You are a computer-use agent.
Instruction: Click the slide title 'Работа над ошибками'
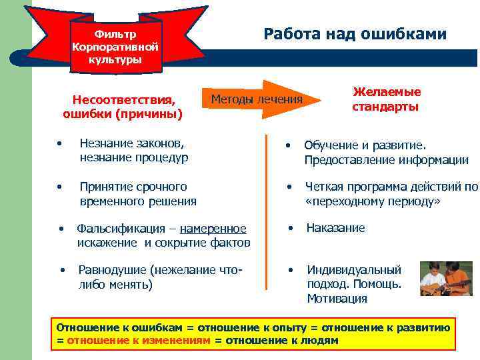click(355, 34)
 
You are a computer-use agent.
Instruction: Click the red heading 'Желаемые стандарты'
click(386, 99)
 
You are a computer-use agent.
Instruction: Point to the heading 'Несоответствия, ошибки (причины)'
click(123, 107)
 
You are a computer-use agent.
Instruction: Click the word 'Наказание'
click(335, 228)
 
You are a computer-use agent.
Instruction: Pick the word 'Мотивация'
click(337, 299)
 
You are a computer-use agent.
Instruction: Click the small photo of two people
click(445, 278)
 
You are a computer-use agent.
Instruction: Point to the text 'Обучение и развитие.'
click(365, 145)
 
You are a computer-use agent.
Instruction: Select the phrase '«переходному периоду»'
click(373, 201)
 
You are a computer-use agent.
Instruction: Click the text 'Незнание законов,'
click(131, 143)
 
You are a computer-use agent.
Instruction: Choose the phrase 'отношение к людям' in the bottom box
click(282, 340)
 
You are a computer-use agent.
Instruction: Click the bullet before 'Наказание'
click(290, 228)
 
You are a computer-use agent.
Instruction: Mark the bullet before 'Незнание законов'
click(59, 144)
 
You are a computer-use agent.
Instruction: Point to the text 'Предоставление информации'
click(386, 160)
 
